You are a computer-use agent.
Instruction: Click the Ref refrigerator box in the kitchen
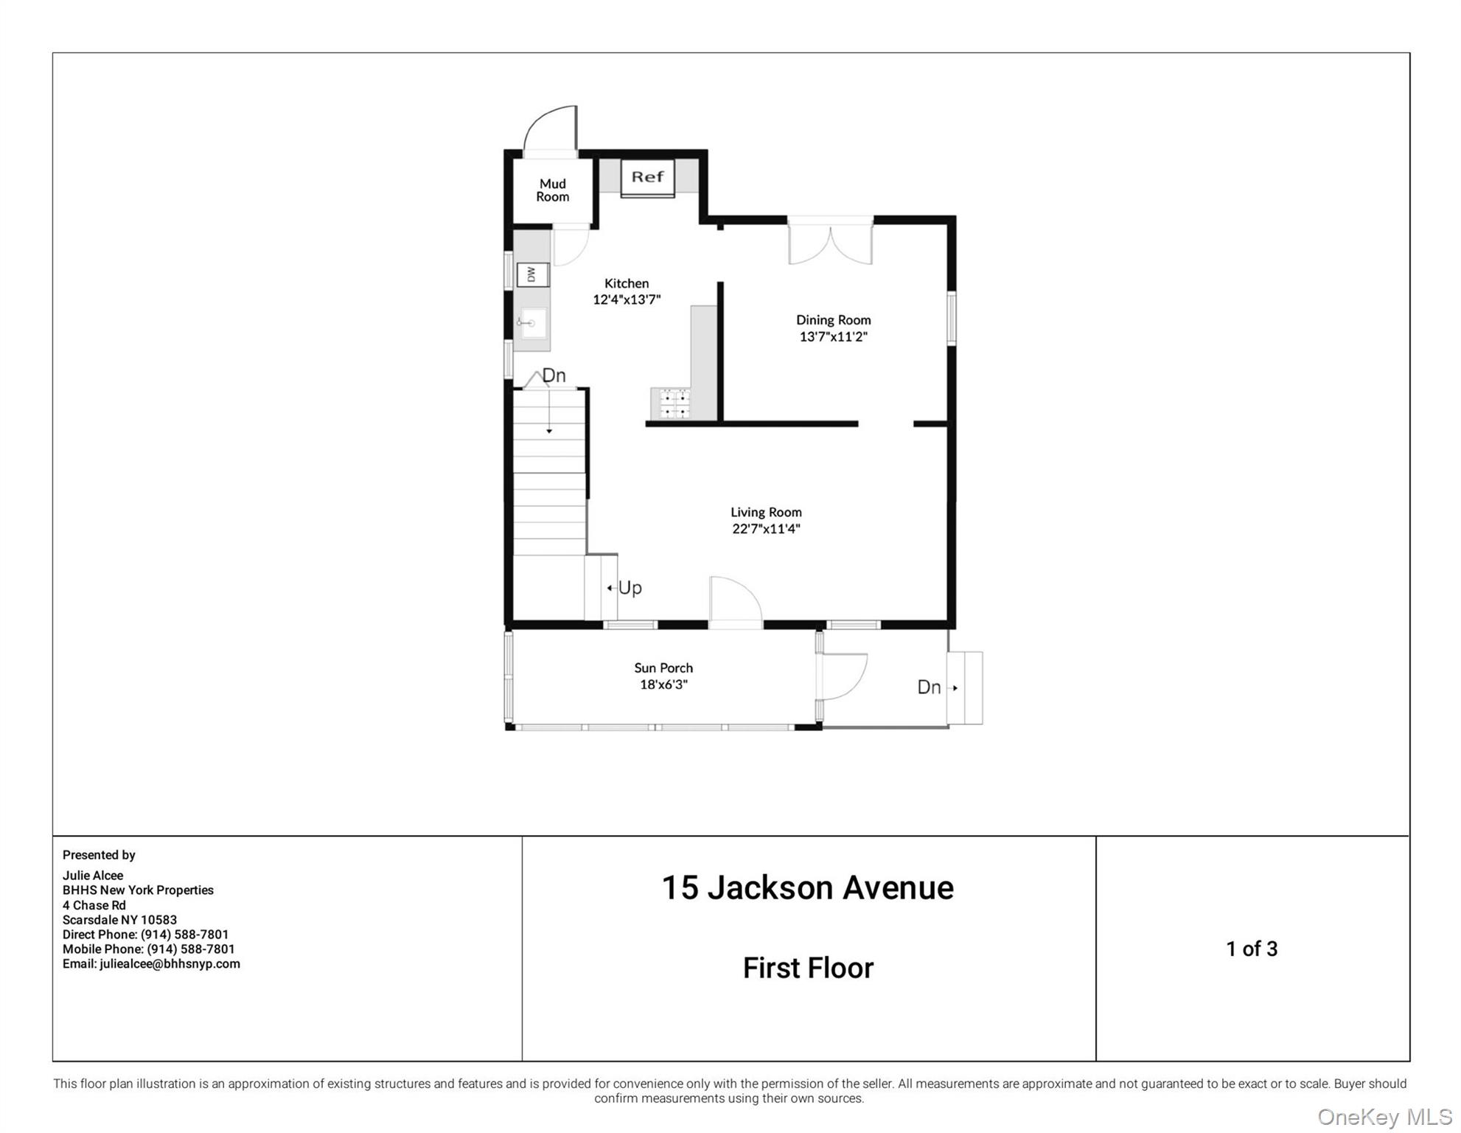click(647, 178)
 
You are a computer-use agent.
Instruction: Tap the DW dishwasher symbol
click(532, 274)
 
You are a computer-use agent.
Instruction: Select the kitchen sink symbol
click(532, 323)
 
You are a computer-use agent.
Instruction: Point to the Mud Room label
click(552, 190)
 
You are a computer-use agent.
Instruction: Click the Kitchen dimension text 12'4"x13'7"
click(627, 299)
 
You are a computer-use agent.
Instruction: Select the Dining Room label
click(833, 320)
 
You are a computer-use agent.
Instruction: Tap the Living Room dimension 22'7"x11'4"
click(766, 528)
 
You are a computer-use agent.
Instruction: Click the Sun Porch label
click(663, 668)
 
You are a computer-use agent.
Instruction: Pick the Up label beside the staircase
click(630, 588)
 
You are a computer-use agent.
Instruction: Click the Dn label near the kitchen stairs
click(554, 375)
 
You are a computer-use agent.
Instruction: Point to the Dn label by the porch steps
click(929, 687)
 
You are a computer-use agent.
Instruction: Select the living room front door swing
click(734, 601)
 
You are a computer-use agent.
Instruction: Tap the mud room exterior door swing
click(551, 130)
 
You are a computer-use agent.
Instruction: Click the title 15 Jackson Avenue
click(807, 887)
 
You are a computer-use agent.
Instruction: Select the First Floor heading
click(808, 968)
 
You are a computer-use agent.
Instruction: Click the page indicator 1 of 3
click(1251, 949)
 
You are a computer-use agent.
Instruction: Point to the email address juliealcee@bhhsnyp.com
click(170, 963)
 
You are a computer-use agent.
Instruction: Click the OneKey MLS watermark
click(1384, 1117)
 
